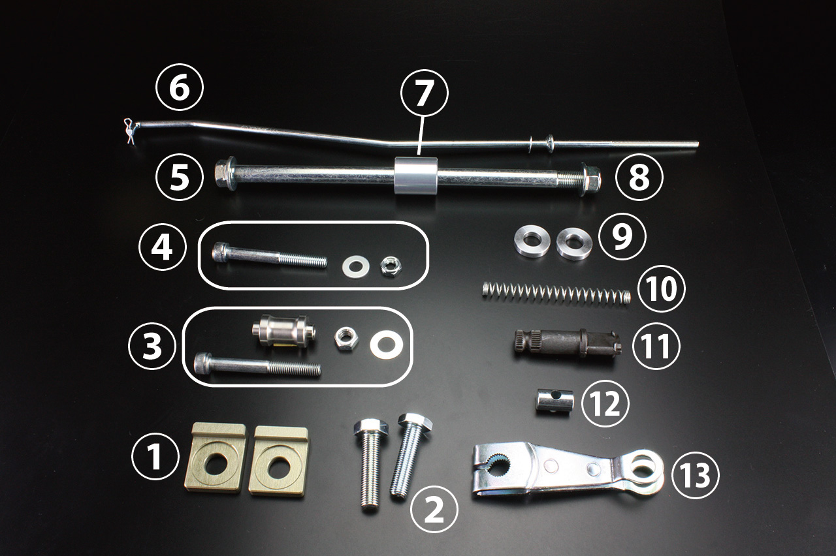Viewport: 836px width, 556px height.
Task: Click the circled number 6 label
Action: tap(180, 87)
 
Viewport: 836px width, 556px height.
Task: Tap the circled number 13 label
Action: tap(695, 474)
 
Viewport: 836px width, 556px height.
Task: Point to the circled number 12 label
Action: tap(605, 403)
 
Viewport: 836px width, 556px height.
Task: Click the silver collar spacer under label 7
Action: tap(417, 176)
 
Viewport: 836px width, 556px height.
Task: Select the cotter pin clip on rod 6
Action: tap(129, 131)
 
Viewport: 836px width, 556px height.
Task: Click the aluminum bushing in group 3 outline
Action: tap(283, 331)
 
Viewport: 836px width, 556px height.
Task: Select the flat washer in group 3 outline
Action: tap(386, 345)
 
